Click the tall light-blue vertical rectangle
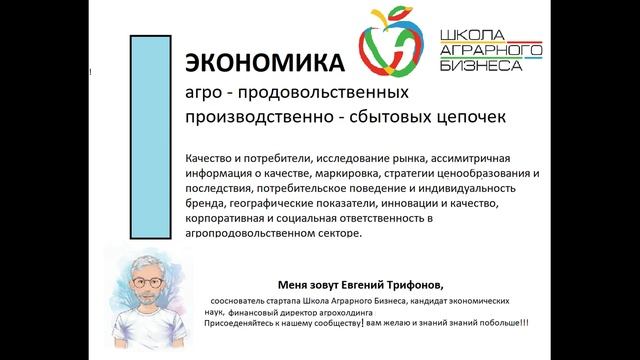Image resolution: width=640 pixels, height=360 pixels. point(149,135)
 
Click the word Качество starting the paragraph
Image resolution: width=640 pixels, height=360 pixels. point(213,157)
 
